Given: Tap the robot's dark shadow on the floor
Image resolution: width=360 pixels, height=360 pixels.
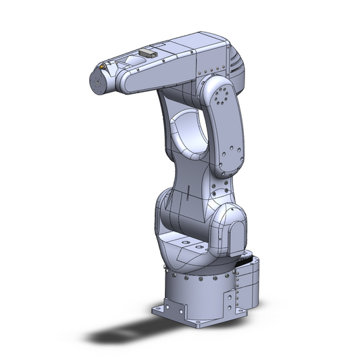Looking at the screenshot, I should [128, 334].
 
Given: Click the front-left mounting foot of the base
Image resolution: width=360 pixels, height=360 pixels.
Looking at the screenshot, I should [169, 310].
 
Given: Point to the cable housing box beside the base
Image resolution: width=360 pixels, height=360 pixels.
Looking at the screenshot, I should [247, 287].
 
